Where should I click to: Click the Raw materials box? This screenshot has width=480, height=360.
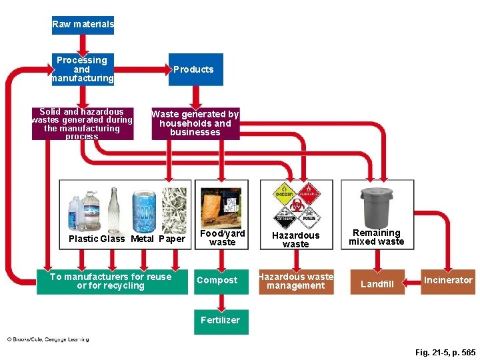[x=83, y=25]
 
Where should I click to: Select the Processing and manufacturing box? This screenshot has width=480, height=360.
[x=82, y=69]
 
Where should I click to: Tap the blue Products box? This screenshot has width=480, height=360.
[x=193, y=69]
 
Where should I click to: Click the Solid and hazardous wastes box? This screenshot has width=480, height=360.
[x=82, y=124]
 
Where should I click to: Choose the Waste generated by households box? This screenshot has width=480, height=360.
[x=195, y=123]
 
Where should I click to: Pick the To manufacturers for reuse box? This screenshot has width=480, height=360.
[x=110, y=281]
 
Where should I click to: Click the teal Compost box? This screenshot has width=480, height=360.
[x=217, y=281]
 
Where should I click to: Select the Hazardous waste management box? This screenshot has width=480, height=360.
[x=295, y=281]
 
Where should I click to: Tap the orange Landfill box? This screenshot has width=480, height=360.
[x=377, y=284]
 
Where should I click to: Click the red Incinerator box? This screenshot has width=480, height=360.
[x=447, y=281]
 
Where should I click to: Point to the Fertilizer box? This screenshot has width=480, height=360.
[x=220, y=321]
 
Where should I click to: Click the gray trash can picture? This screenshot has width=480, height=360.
[x=377, y=206]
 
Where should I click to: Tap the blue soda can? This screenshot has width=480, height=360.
[x=144, y=210]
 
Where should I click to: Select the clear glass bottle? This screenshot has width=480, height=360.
[x=113, y=207]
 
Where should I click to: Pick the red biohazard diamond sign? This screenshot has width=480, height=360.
[x=296, y=205]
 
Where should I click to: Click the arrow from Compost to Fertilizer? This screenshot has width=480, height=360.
[x=220, y=301]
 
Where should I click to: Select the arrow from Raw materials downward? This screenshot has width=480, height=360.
[x=83, y=44]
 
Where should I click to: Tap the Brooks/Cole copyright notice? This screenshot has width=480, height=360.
[x=47, y=339]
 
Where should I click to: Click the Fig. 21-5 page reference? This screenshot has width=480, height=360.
[x=445, y=352]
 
